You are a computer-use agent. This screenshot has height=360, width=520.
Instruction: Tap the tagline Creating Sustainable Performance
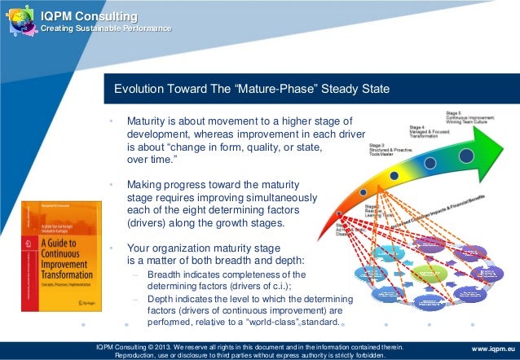tap(100, 29)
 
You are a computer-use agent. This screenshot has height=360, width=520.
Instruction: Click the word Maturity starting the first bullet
tap(149, 121)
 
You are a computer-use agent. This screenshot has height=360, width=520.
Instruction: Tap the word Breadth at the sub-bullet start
tap(167, 274)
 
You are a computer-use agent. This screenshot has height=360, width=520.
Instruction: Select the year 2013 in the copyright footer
tap(170, 345)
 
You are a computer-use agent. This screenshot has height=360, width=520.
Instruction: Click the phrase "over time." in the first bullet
tap(152, 160)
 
